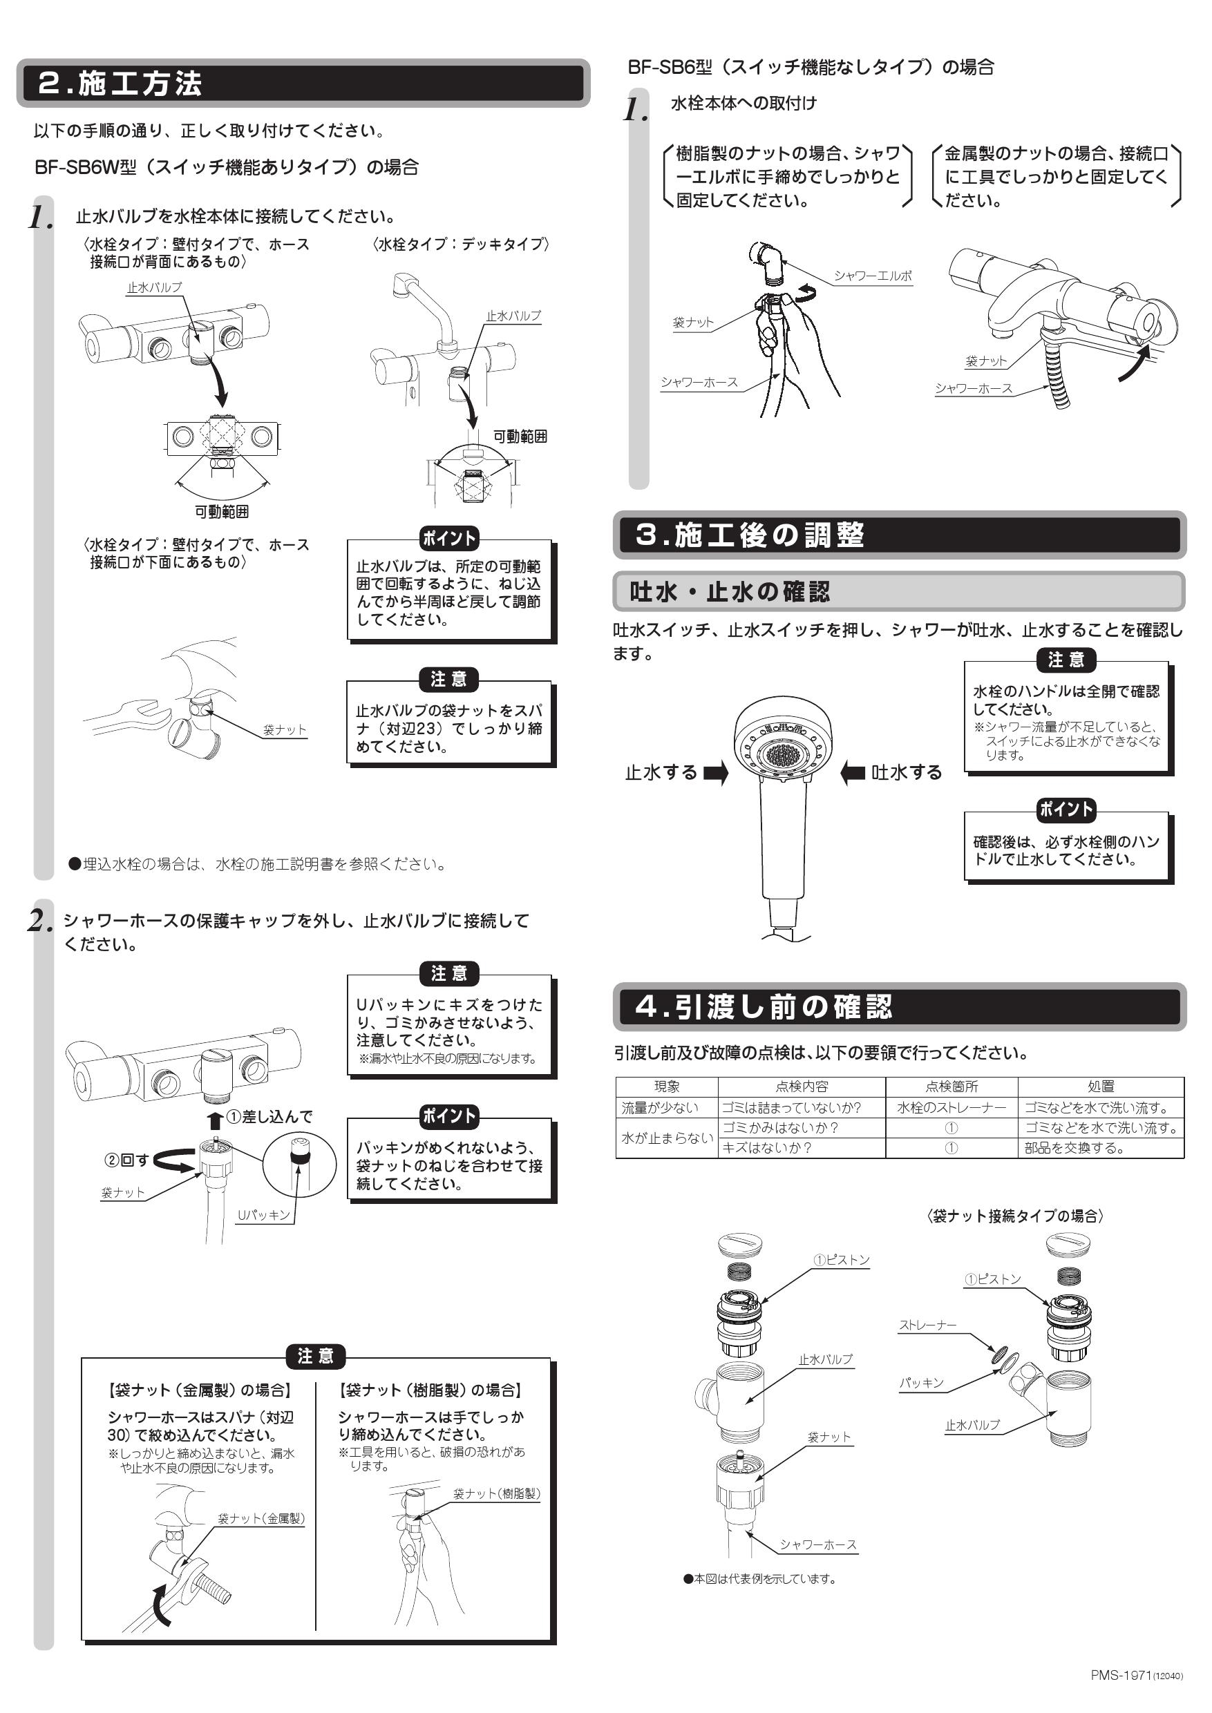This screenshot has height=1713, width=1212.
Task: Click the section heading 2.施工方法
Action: (120, 84)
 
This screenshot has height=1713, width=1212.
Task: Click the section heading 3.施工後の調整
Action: (749, 535)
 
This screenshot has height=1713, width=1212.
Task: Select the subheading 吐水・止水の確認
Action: (729, 592)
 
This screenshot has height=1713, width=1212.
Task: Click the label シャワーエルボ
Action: (873, 276)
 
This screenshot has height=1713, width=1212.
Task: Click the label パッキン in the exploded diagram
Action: (921, 1382)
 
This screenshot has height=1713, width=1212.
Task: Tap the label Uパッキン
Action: (263, 1214)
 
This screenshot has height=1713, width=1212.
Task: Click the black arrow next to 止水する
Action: (715, 773)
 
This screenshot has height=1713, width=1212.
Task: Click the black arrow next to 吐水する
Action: (852, 773)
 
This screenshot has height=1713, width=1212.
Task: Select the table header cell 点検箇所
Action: (951, 1087)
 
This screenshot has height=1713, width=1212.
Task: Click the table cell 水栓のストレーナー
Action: (951, 1108)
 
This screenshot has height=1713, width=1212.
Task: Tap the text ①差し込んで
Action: (269, 1117)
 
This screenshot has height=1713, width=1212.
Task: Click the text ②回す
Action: (126, 1160)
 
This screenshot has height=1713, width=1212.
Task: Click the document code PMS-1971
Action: (1121, 1690)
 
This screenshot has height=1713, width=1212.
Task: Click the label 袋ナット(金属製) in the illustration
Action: (261, 1518)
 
